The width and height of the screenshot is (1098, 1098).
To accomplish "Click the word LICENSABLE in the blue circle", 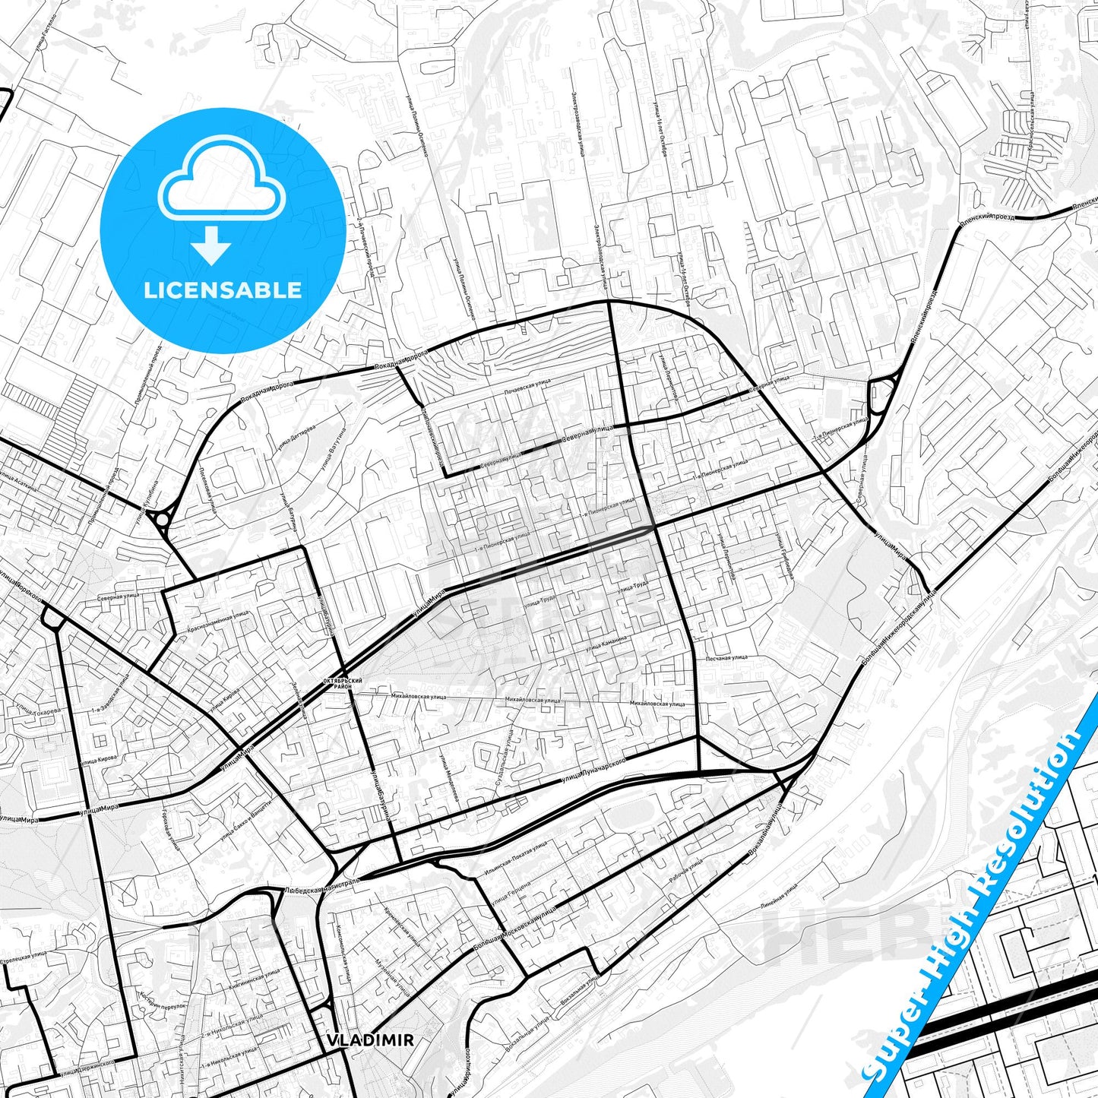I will click(x=223, y=290).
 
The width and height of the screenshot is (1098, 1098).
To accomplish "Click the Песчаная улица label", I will click(x=727, y=657).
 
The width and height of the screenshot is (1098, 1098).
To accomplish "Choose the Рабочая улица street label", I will click(x=687, y=869).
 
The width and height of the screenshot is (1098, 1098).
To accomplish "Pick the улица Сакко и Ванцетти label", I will click(x=245, y=824).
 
